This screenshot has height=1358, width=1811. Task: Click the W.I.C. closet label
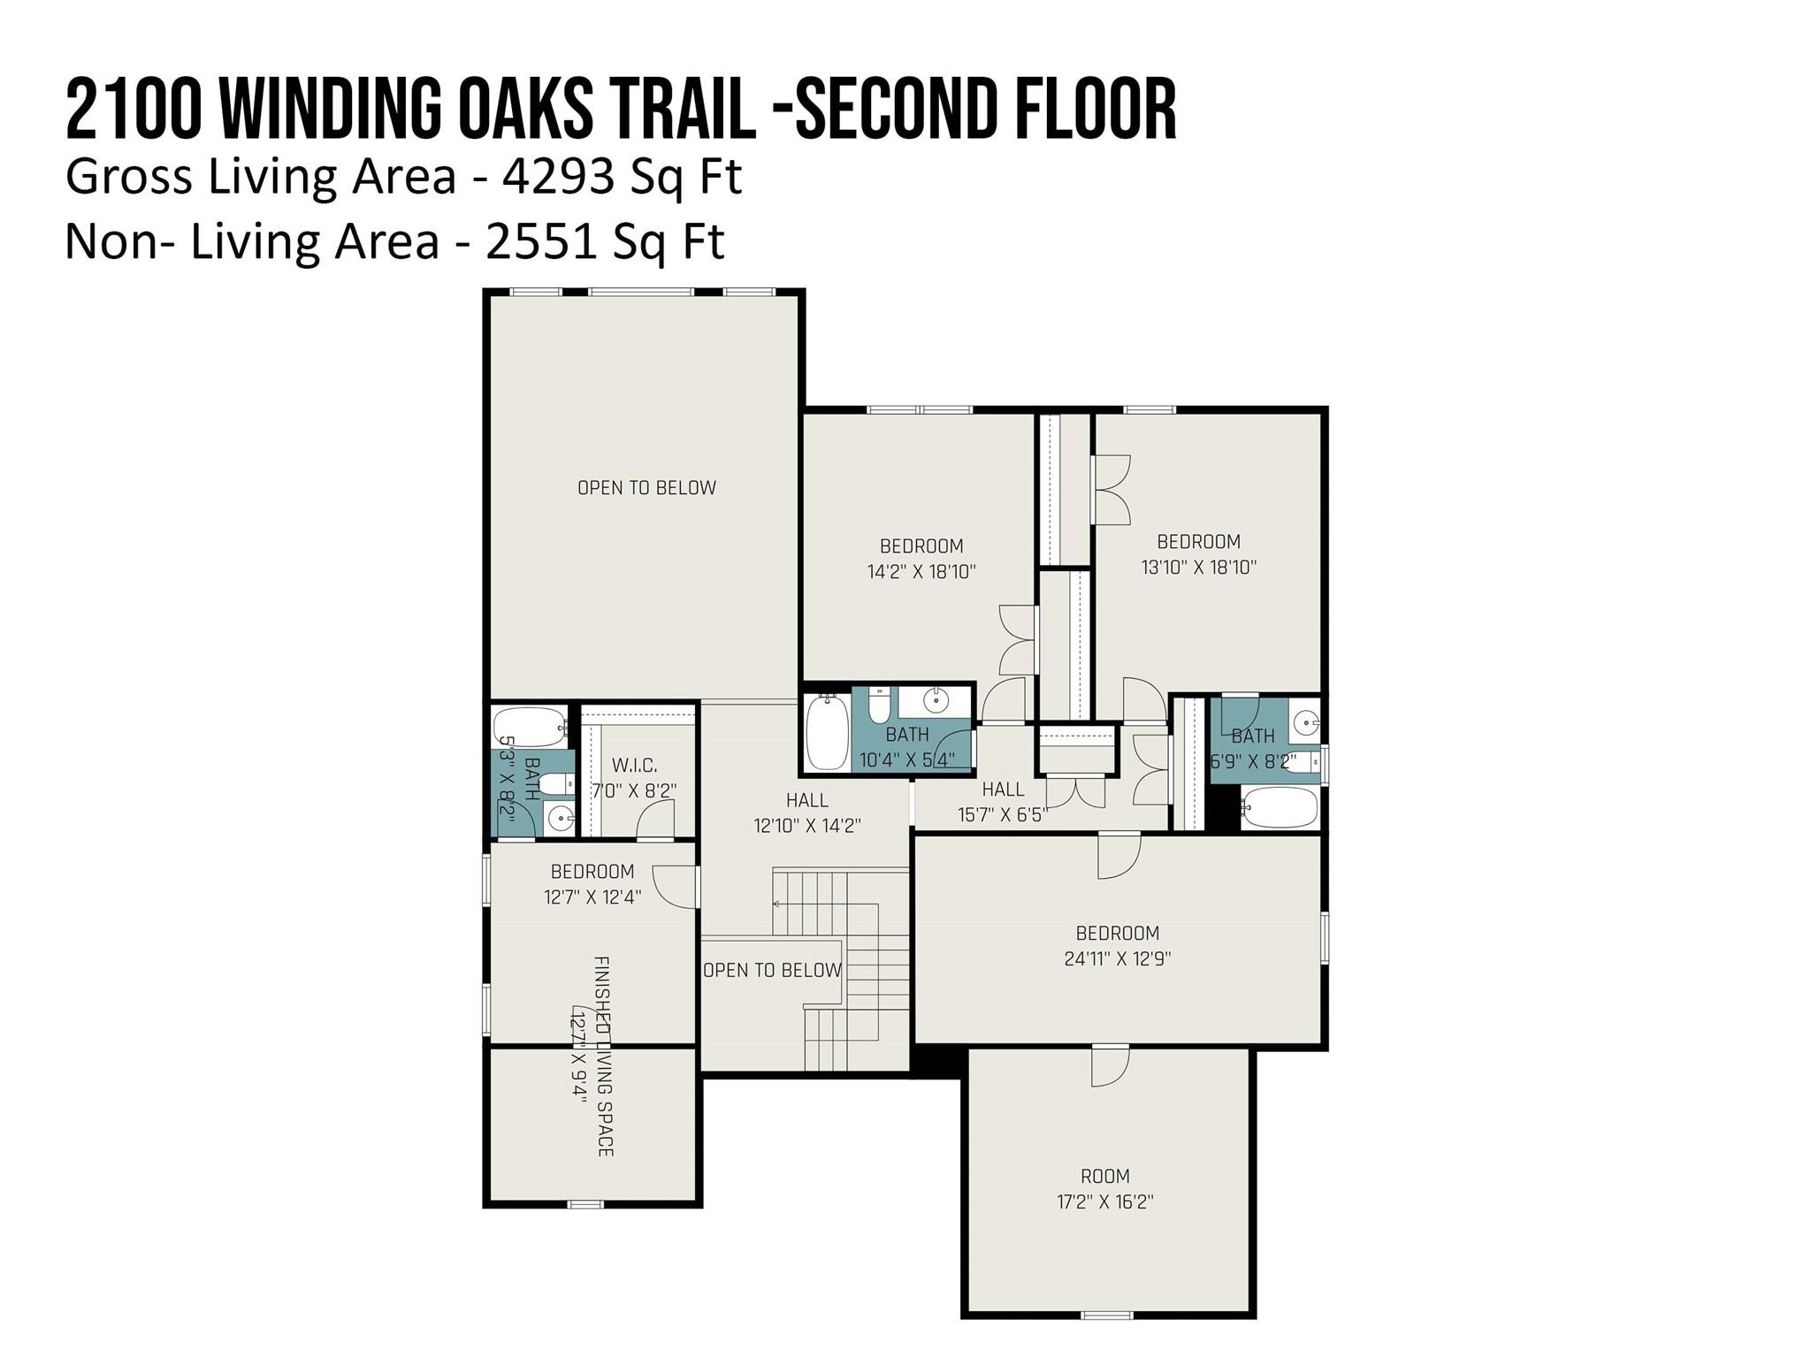coord(634,766)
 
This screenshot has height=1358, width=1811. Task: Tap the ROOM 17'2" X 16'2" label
coord(1105,1188)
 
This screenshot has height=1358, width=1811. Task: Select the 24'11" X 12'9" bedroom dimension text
coord(1118,958)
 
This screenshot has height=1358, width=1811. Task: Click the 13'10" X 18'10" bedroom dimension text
coord(1199,567)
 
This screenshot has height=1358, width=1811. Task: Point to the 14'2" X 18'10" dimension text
coord(921,571)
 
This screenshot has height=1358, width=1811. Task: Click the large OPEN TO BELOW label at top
coord(646,488)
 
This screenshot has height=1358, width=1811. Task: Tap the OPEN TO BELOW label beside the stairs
coord(772,971)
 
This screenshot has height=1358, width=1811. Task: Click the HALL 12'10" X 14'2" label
coord(807,813)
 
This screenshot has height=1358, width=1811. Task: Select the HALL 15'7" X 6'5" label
coord(1003,802)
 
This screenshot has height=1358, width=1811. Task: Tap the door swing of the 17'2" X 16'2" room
coord(1111,1066)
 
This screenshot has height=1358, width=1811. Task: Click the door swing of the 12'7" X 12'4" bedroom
coord(675,887)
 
